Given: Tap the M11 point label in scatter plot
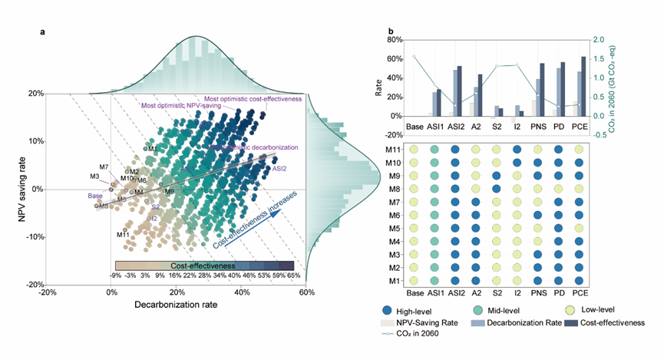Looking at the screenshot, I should tap(123, 234).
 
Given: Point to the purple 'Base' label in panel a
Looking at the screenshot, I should tap(95, 196).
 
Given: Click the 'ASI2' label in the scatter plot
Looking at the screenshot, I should tap(279, 168).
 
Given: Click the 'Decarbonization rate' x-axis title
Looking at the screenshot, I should tap(176, 306).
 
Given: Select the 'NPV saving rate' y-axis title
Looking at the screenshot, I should tap(25, 189).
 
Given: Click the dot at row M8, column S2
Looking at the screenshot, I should tap(497, 189).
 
